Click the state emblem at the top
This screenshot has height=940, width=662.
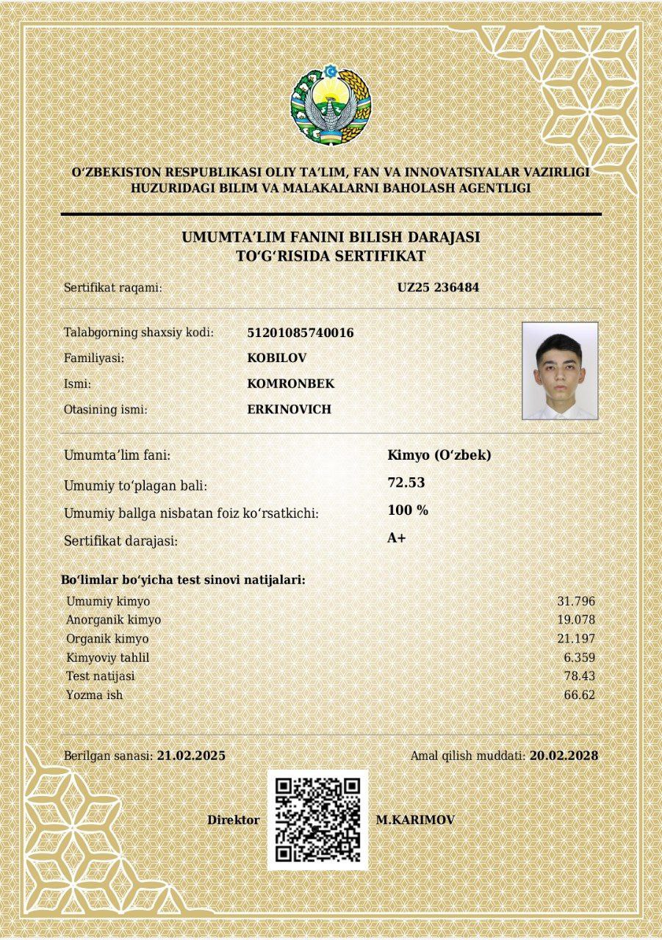click(x=331, y=106)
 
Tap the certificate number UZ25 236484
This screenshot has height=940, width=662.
click(x=438, y=288)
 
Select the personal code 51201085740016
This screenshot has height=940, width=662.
click(x=301, y=333)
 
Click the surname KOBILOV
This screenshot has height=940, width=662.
click(x=277, y=358)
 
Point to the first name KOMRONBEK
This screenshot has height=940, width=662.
click(x=291, y=383)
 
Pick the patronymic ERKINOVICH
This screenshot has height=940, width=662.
click(x=289, y=409)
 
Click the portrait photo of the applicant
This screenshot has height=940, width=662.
click(x=560, y=371)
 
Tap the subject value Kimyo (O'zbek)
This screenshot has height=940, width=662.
click(x=439, y=455)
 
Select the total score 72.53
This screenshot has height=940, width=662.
click(x=406, y=482)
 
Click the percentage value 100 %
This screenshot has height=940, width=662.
click(x=408, y=510)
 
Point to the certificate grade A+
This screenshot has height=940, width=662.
click(x=397, y=538)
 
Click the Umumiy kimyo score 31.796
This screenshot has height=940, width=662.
click(x=576, y=601)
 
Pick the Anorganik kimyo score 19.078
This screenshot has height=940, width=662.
click(x=576, y=620)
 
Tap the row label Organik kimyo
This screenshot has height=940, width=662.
click(x=107, y=639)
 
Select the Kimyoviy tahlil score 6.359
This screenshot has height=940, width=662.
click(x=579, y=657)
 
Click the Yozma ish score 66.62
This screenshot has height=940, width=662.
click(x=580, y=695)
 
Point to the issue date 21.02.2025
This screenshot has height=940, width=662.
click(x=191, y=756)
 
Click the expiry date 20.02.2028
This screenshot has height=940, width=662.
click(x=564, y=756)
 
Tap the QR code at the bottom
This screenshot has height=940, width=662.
click(x=317, y=820)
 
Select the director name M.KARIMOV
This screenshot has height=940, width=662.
click(x=415, y=820)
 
